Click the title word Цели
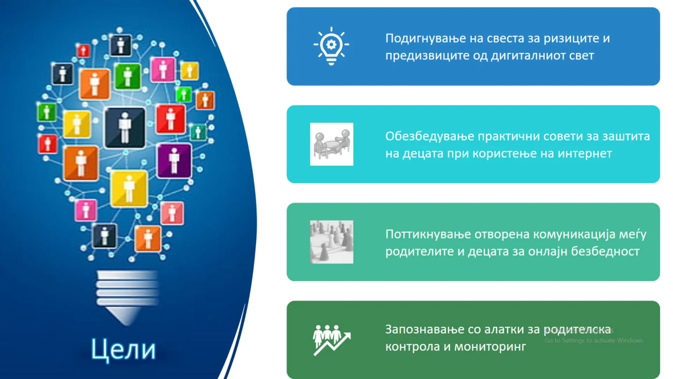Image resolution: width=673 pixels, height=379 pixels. coord(123,349)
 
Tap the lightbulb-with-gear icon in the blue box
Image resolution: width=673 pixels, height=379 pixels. coord(331,46)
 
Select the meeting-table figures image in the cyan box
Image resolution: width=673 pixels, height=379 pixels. coord(332,144)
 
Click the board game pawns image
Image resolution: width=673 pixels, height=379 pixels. coord(332,242)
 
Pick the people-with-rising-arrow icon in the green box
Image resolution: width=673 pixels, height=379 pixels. coord(332,340)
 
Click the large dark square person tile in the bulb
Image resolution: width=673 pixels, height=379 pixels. coord(125,127)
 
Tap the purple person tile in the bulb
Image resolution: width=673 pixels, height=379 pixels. coord(174,160)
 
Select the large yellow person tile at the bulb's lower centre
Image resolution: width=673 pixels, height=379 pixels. coord(129,188)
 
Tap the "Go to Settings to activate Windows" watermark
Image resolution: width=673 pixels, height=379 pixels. coord(594,340)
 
